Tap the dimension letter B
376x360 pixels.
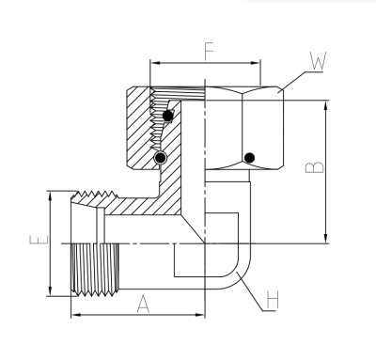(x=320, y=168)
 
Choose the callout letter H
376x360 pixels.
(x=272, y=302)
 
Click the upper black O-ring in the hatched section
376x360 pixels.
(x=168, y=116)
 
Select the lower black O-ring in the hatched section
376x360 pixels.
(x=163, y=156)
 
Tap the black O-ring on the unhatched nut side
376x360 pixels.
(x=250, y=157)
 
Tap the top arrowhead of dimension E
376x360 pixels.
(x=49, y=196)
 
